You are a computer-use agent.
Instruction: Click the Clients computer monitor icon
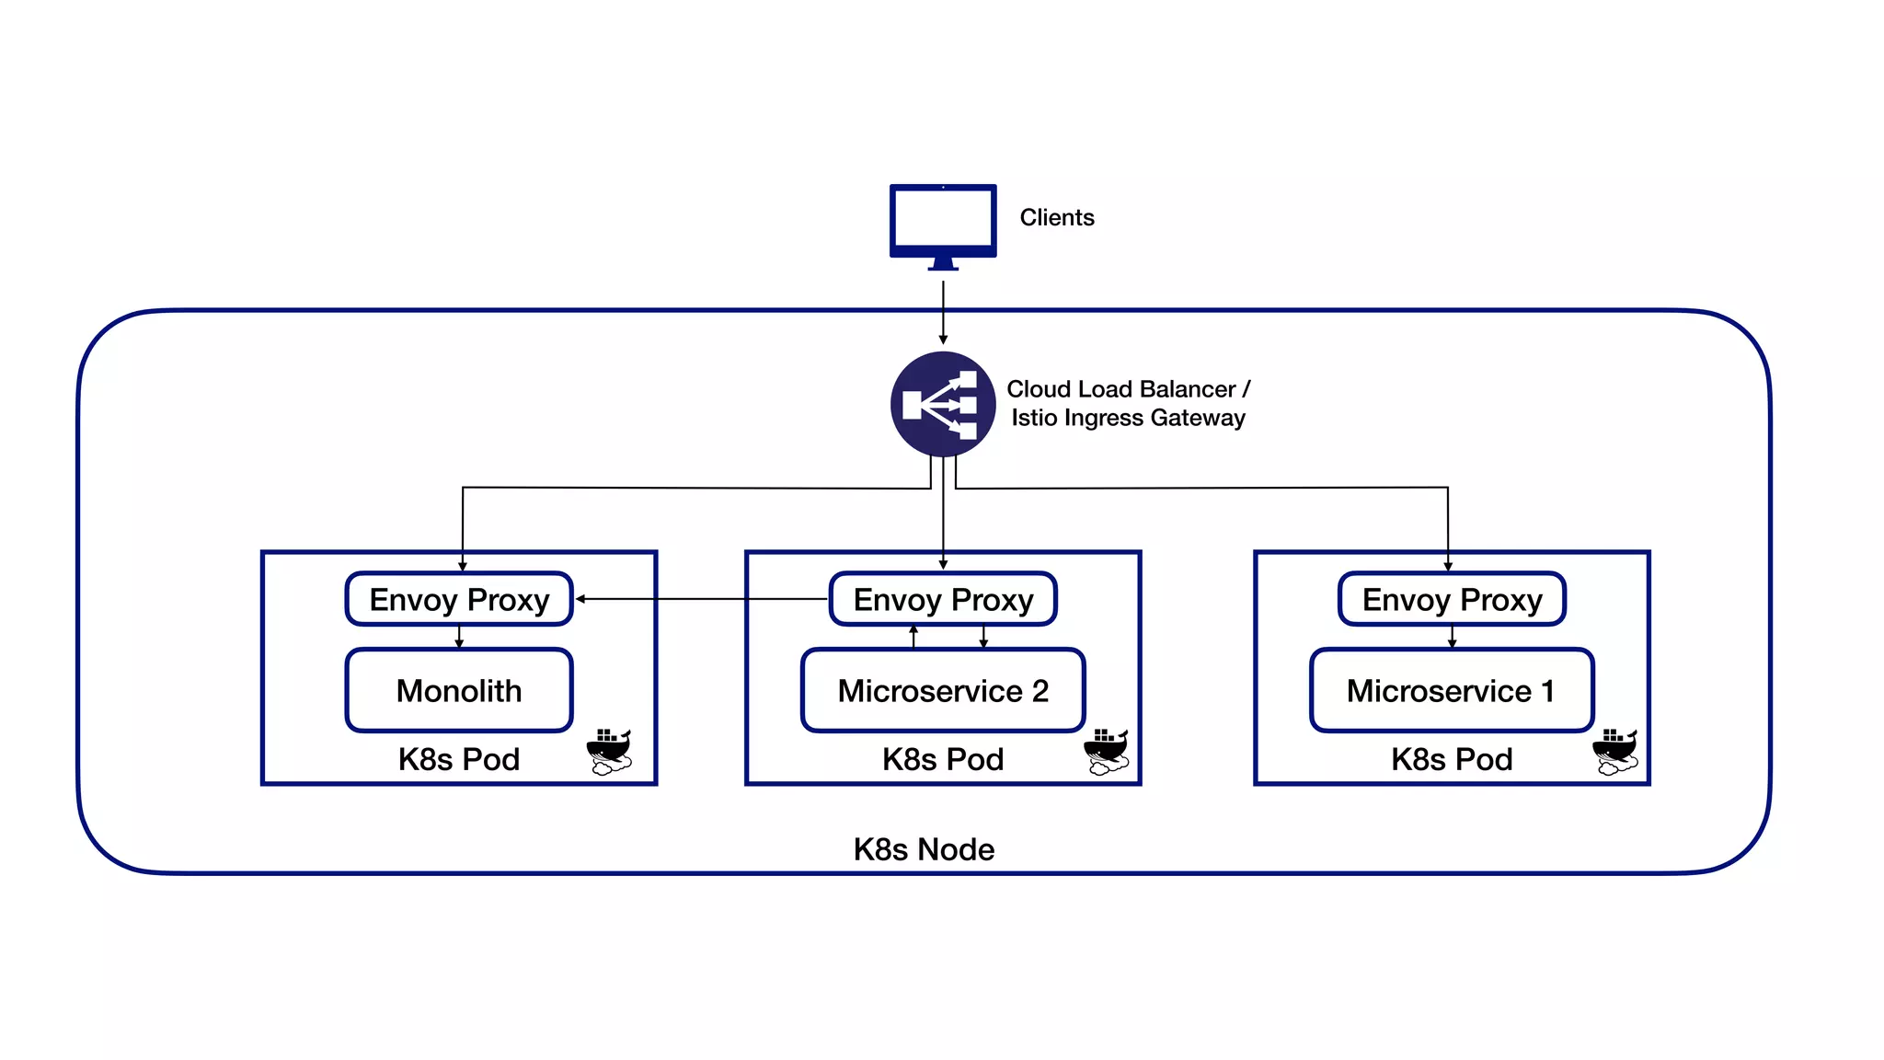pyautogui.click(x=943, y=223)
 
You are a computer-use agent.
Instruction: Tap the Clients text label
pyautogui.click(x=1056, y=218)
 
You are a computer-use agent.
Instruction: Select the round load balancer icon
pyautogui.click(x=943, y=404)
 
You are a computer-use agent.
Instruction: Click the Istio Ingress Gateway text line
pyautogui.click(x=1128, y=418)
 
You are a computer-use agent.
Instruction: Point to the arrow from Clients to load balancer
pyautogui.click(x=943, y=313)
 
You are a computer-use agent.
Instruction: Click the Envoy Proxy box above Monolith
pyautogui.click(x=459, y=599)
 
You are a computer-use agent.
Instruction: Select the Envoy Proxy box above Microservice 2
pyautogui.click(x=943, y=599)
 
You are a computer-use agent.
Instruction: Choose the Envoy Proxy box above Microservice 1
pyautogui.click(x=1452, y=599)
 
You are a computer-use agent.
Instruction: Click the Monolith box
pyautogui.click(x=459, y=690)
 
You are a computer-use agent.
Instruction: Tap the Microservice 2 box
pyautogui.click(x=943, y=690)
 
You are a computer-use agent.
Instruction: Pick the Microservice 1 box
pyautogui.click(x=1452, y=690)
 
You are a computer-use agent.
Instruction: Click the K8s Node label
pyautogui.click(x=924, y=849)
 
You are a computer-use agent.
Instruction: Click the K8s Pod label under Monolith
pyautogui.click(x=459, y=759)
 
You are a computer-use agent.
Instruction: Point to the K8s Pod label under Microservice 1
pyautogui.click(x=1452, y=759)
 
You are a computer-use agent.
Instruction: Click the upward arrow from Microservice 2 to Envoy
pyautogui.click(x=913, y=637)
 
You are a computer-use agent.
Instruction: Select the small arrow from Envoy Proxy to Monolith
pyautogui.click(x=459, y=637)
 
